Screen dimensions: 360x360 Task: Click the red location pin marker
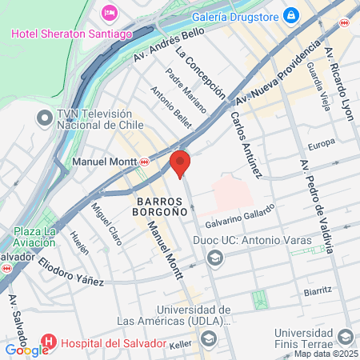click(179, 163)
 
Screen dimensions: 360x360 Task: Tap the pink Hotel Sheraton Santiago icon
click(110, 13)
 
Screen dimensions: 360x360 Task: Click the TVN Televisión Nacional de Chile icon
click(43, 118)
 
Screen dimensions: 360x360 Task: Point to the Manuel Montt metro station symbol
click(144, 162)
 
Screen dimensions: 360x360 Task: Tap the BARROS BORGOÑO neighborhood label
click(161, 206)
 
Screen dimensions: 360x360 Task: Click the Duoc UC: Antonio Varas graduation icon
click(214, 258)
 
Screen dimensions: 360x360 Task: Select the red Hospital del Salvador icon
click(47, 342)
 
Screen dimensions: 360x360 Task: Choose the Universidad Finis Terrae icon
click(346, 337)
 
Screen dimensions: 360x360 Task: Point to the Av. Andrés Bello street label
click(169, 45)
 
